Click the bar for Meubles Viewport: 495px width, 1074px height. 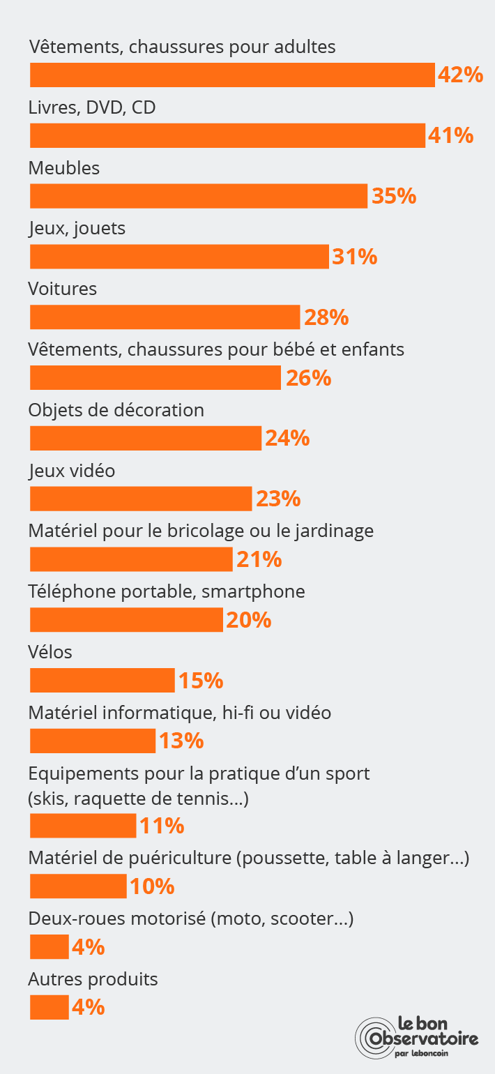click(x=198, y=196)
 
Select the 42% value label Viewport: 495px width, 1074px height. click(x=460, y=75)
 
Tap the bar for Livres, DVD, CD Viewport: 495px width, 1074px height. click(x=227, y=135)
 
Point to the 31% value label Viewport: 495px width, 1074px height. click(x=355, y=257)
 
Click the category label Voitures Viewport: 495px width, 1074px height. click(x=63, y=289)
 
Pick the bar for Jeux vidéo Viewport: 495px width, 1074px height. click(x=141, y=499)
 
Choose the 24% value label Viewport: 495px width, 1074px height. click(x=287, y=438)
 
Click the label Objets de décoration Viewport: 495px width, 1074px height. click(x=116, y=410)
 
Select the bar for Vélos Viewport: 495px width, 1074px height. click(x=102, y=680)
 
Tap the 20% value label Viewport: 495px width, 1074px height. click(x=249, y=619)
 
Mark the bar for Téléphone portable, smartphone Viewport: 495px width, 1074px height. click(x=126, y=619)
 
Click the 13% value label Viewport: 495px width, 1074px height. click(x=181, y=741)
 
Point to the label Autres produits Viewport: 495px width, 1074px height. click(x=93, y=979)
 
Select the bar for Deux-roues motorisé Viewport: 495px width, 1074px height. click(x=49, y=946)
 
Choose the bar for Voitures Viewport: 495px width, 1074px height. click(x=165, y=317)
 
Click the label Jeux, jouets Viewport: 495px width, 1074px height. click(x=77, y=228)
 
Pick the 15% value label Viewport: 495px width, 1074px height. click(x=201, y=680)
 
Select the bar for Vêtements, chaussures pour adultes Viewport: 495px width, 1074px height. click(x=232, y=75)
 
